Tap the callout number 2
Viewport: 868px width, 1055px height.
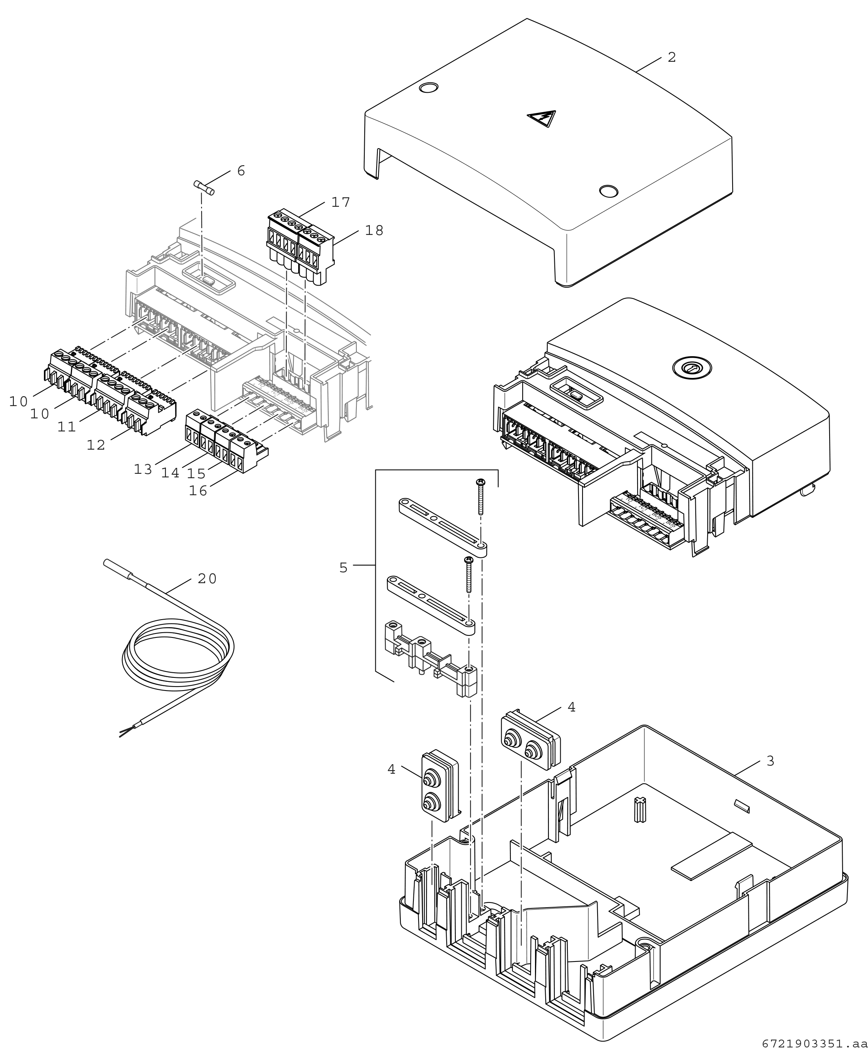tap(672, 57)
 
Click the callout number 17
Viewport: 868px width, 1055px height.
tap(341, 202)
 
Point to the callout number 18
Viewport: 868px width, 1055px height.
tap(374, 230)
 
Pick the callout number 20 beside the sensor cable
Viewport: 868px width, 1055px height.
tap(207, 579)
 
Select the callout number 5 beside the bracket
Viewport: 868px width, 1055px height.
tap(343, 568)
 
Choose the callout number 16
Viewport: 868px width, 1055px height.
tap(198, 491)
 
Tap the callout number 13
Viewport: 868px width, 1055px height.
tap(143, 469)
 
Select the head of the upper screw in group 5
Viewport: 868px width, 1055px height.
tap(480, 482)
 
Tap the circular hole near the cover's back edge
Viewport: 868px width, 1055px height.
tap(428, 88)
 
